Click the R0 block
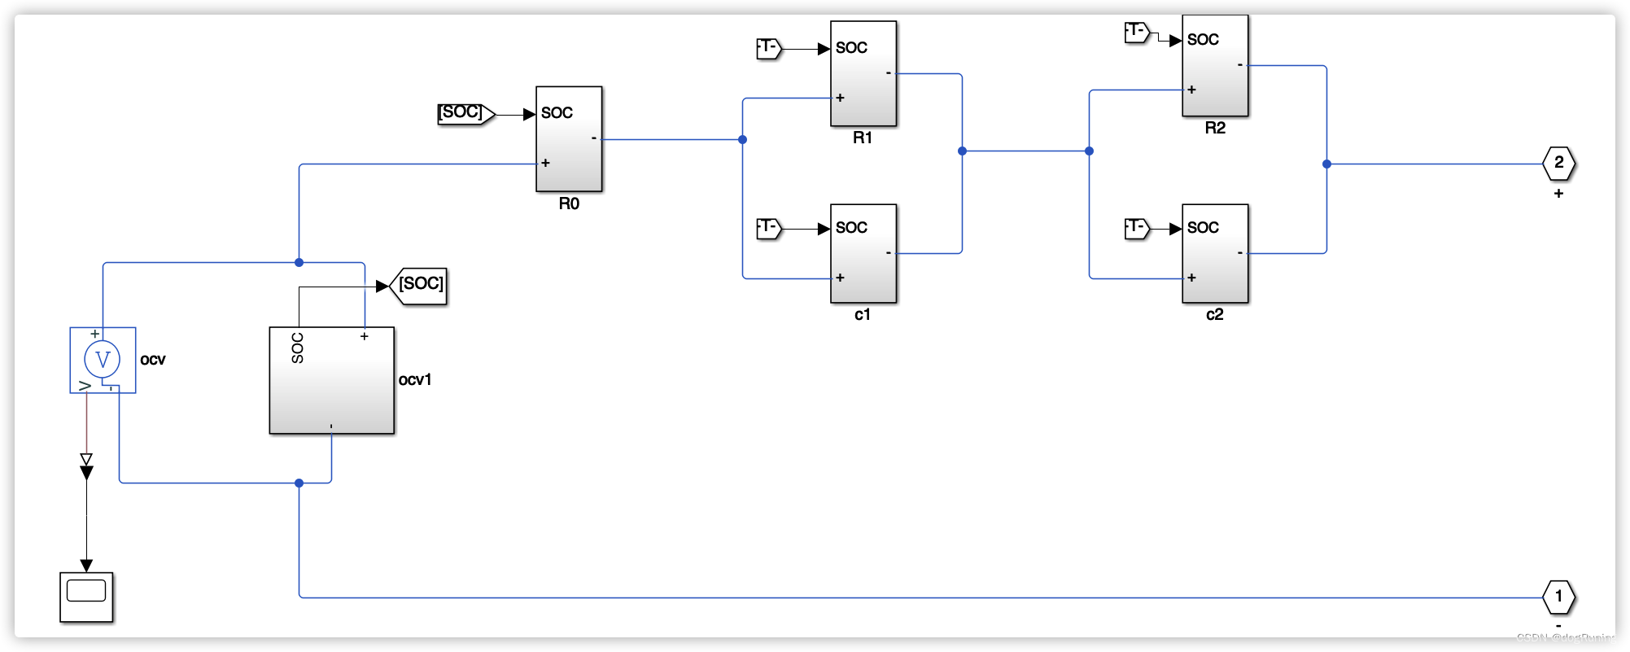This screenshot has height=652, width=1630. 569,139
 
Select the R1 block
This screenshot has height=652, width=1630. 863,74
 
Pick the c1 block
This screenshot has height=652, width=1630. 863,253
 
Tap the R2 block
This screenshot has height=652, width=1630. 1215,66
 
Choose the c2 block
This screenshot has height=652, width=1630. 1215,253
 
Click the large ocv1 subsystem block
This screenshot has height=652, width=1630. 332,381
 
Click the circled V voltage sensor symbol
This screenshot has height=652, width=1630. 103,359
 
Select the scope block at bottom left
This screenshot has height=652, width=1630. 86,597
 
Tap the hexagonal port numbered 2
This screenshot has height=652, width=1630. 1558,163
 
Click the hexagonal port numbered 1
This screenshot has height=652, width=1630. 1558,597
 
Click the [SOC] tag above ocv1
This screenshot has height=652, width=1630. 420,285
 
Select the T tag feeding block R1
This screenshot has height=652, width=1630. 769,48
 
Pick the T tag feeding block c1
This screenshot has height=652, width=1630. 769,228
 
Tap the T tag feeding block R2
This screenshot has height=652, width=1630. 1137,32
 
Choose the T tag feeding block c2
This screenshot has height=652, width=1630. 1137,228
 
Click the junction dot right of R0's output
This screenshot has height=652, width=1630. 742,139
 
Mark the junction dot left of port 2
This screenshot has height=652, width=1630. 1326,164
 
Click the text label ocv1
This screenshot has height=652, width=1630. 415,379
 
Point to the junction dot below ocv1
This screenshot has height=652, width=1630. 299,483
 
